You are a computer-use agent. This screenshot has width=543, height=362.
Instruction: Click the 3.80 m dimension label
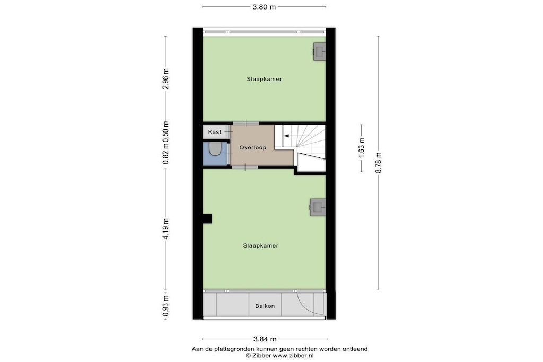(264, 7)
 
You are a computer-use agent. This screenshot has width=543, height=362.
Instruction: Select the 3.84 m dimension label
(265, 339)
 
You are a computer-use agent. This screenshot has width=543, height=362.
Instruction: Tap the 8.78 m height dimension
(379, 163)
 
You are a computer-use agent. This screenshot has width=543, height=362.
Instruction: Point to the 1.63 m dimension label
(362, 148)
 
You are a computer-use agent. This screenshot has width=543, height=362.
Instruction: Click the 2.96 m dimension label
(166, 78)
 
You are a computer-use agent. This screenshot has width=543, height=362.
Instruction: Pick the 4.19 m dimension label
(166, 229)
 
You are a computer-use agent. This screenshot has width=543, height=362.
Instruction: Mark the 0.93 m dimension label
(166, 305)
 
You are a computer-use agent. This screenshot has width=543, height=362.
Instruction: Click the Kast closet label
(215, 132)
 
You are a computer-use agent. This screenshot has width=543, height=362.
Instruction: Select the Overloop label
(253, 147)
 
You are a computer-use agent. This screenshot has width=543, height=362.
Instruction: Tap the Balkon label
(265, 306)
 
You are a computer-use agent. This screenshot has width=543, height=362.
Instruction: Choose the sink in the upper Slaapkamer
(319, 51)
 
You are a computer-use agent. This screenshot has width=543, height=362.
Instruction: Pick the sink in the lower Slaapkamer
(318, 207)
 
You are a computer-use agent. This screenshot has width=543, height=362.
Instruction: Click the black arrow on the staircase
(287, 136)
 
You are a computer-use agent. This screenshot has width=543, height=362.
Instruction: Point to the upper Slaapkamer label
(264, 79)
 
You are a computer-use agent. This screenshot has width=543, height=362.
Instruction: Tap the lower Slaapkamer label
(260, 246)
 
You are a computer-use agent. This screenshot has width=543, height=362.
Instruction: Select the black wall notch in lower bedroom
(207, 219)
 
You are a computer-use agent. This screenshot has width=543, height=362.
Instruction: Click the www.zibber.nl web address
(293, 355)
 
